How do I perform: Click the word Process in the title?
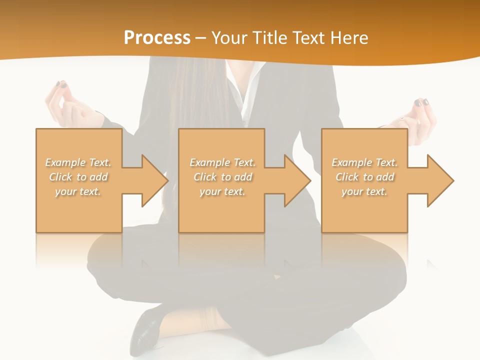(157, 38)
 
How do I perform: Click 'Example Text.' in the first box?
(78, 162)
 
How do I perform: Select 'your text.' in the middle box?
(222, 191)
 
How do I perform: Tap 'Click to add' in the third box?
(365, 177)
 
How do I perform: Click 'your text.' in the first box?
(78, 191)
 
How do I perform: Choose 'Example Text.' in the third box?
(365, 162)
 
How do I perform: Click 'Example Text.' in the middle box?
(222, 162)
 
